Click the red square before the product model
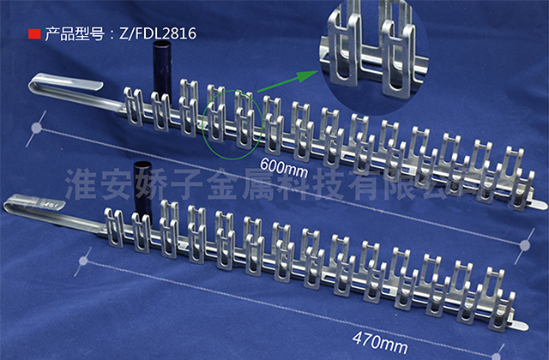click(34, 34)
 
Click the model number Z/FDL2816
click(158, 33)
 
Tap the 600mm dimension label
click(284, 168)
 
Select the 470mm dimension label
click(380, 343)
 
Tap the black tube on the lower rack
click(143, 189)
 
